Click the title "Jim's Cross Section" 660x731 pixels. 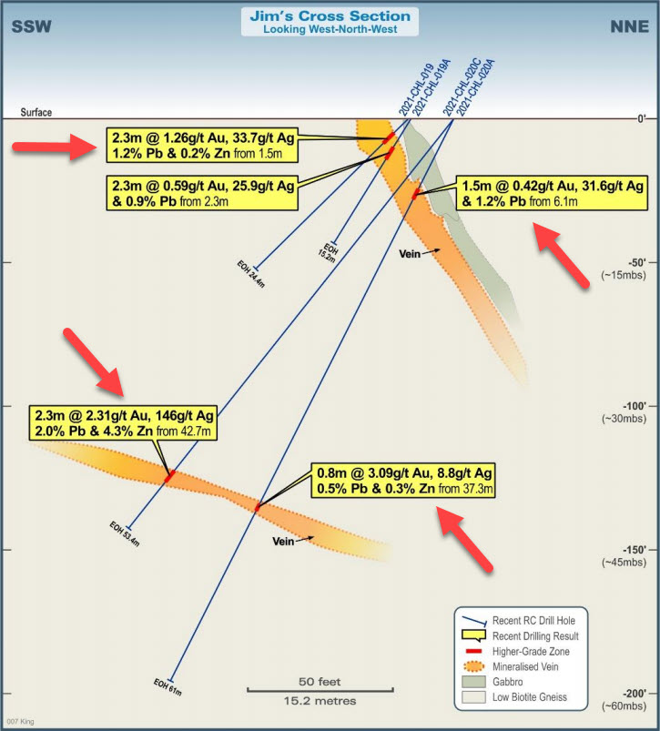(x=330, y=15)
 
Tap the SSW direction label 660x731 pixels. (x=31, y=26)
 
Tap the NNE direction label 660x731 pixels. (x=629, y=26)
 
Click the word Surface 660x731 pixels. (x=36, y=112)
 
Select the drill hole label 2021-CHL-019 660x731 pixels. (x=416, y=89)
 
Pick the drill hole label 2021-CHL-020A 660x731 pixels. (x=475, y=87)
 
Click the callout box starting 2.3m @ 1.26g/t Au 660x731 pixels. (x=202, y=145)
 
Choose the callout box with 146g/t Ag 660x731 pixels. (x=123, y=422)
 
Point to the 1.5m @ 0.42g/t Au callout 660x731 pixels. (x=552, y=193)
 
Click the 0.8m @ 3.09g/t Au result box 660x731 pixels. (x=403, y=481)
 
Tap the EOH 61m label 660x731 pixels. (x=168, y=687)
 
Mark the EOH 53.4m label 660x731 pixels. (x=125, y=533)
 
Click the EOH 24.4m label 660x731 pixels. (x=250, y=274)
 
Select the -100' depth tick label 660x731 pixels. (x=635, y=406)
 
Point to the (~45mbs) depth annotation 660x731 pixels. (x=624, y=563)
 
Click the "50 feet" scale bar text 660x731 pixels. (x=320, y=682)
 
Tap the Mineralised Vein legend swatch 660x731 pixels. (x=473, y=666)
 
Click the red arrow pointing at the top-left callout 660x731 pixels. (x=55, y=147)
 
